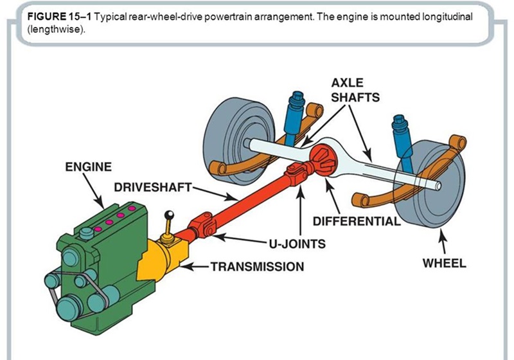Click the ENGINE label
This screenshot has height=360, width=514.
(88, 166)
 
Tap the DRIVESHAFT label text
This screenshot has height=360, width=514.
(153, 187)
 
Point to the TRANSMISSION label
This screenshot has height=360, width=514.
(258, 265)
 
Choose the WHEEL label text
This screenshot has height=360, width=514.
(444, 263)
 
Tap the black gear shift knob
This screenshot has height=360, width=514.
(170, 216)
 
